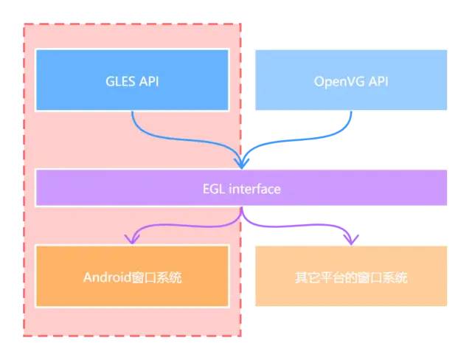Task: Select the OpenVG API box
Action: pyautogui.click(x=351, y=80)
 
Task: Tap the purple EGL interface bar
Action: pyautogui.click(x=242, y=188)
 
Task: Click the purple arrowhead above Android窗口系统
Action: pyautogui.click(x=132, y=238)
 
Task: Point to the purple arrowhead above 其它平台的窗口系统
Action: pyautogui.click(x=351, y=238)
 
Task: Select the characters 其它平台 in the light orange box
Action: pyautogui.click(x=316, y=279)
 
